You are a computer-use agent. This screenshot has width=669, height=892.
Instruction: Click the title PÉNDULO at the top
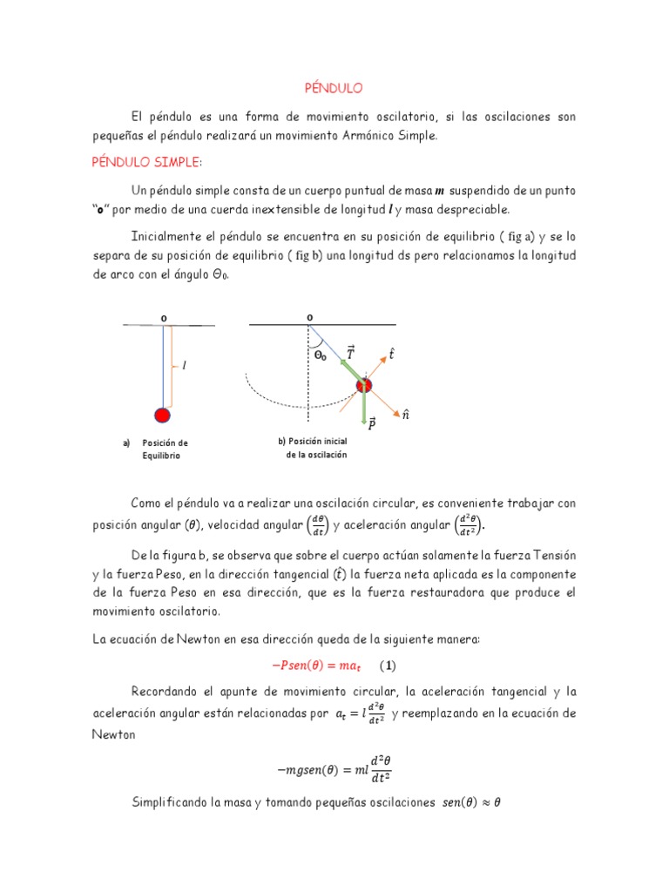click(333, 88)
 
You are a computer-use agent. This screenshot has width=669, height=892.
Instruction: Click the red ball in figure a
click(162, 415)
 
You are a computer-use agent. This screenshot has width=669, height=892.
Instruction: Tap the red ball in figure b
click(363, 385)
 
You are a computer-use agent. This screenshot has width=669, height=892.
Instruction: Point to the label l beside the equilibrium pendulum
click(183, 367)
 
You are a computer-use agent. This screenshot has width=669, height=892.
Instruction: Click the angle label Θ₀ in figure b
click(321, 355)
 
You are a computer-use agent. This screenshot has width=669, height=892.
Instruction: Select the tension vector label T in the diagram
click(350, 353)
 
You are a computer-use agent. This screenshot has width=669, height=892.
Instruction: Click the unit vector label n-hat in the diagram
click(405, 416)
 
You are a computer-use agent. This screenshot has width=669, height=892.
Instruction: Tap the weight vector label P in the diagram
click(372, 423)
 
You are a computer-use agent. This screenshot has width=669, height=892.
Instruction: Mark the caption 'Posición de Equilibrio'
click(165, 449)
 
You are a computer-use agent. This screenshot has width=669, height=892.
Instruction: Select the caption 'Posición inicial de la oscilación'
click(312, 448)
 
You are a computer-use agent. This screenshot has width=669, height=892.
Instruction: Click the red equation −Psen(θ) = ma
click(321, 666)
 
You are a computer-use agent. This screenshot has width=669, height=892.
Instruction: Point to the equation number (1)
click(387, 666)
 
